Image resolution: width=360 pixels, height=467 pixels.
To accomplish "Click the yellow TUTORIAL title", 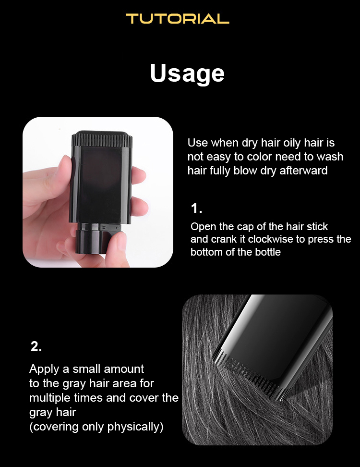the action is (x=177, y=19).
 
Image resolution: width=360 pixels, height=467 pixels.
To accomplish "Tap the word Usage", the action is (x=187, y=74).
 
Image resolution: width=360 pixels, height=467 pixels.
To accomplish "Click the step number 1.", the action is (x=196, y=208).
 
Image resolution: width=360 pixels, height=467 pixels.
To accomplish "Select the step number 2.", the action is (x=36, y=346).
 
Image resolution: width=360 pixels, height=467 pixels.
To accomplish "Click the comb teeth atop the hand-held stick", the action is (x=101, y=139).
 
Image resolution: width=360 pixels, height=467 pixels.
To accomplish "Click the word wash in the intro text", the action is (x=330, y=157).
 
